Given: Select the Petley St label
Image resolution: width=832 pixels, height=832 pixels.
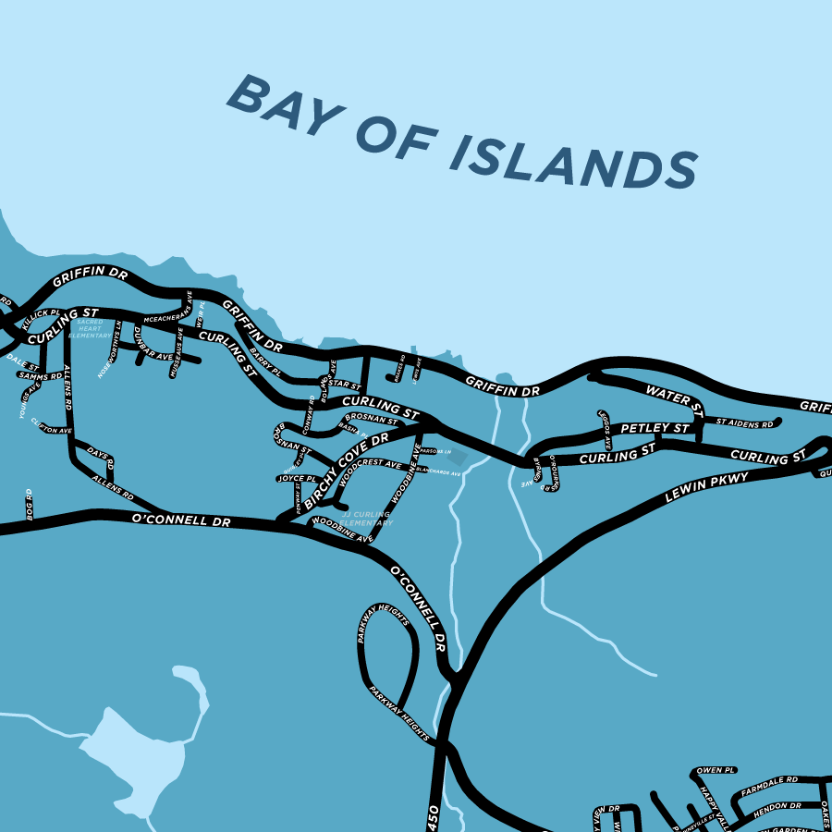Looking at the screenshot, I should (x=655, y=429).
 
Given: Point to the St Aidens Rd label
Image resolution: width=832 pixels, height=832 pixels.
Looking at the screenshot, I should (x=744, y=424).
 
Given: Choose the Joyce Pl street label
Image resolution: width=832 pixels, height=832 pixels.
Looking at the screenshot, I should (x=297, y=479).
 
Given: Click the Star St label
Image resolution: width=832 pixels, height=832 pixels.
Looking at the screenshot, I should (x=345, y=385).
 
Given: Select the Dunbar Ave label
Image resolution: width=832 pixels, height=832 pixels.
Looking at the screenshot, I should (x=153, y=344).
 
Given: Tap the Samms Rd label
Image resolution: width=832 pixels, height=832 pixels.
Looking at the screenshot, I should (x=40, y=376).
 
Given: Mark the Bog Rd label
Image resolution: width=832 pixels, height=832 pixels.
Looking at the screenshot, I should (x=30, y=504).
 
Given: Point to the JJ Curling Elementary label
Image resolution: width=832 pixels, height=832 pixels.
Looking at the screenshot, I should (x=367, y=518).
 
